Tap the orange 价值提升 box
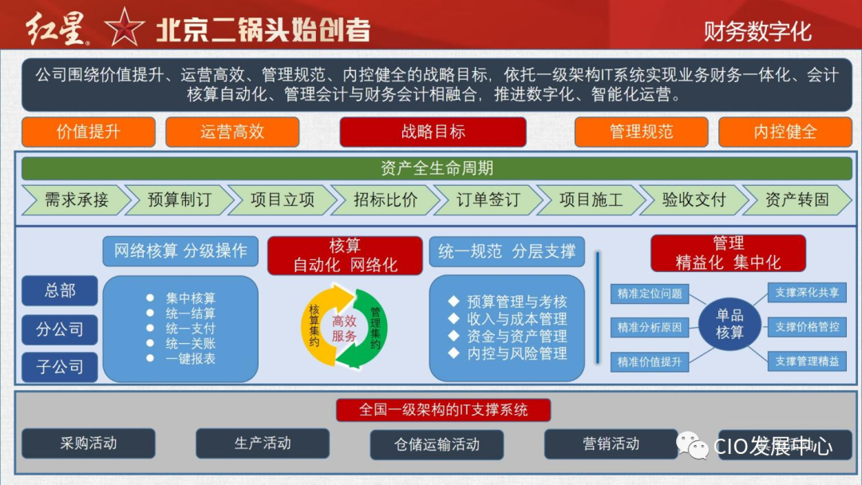click(88, 132)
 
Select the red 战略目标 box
click(433, 132)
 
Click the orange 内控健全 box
click(785, 132)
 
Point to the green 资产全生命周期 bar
click(437, 168)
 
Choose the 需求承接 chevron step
click(75, 200)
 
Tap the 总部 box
click(60, 291)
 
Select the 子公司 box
click(60, 367)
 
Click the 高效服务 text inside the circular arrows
click(345, 329)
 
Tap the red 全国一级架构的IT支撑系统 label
click(443, 410)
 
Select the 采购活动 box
click(88, 444)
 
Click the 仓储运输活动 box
click(437, 444)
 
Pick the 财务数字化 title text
click(757, 31)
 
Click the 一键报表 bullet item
click(190, 359)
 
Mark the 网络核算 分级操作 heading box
click(180, 251)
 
